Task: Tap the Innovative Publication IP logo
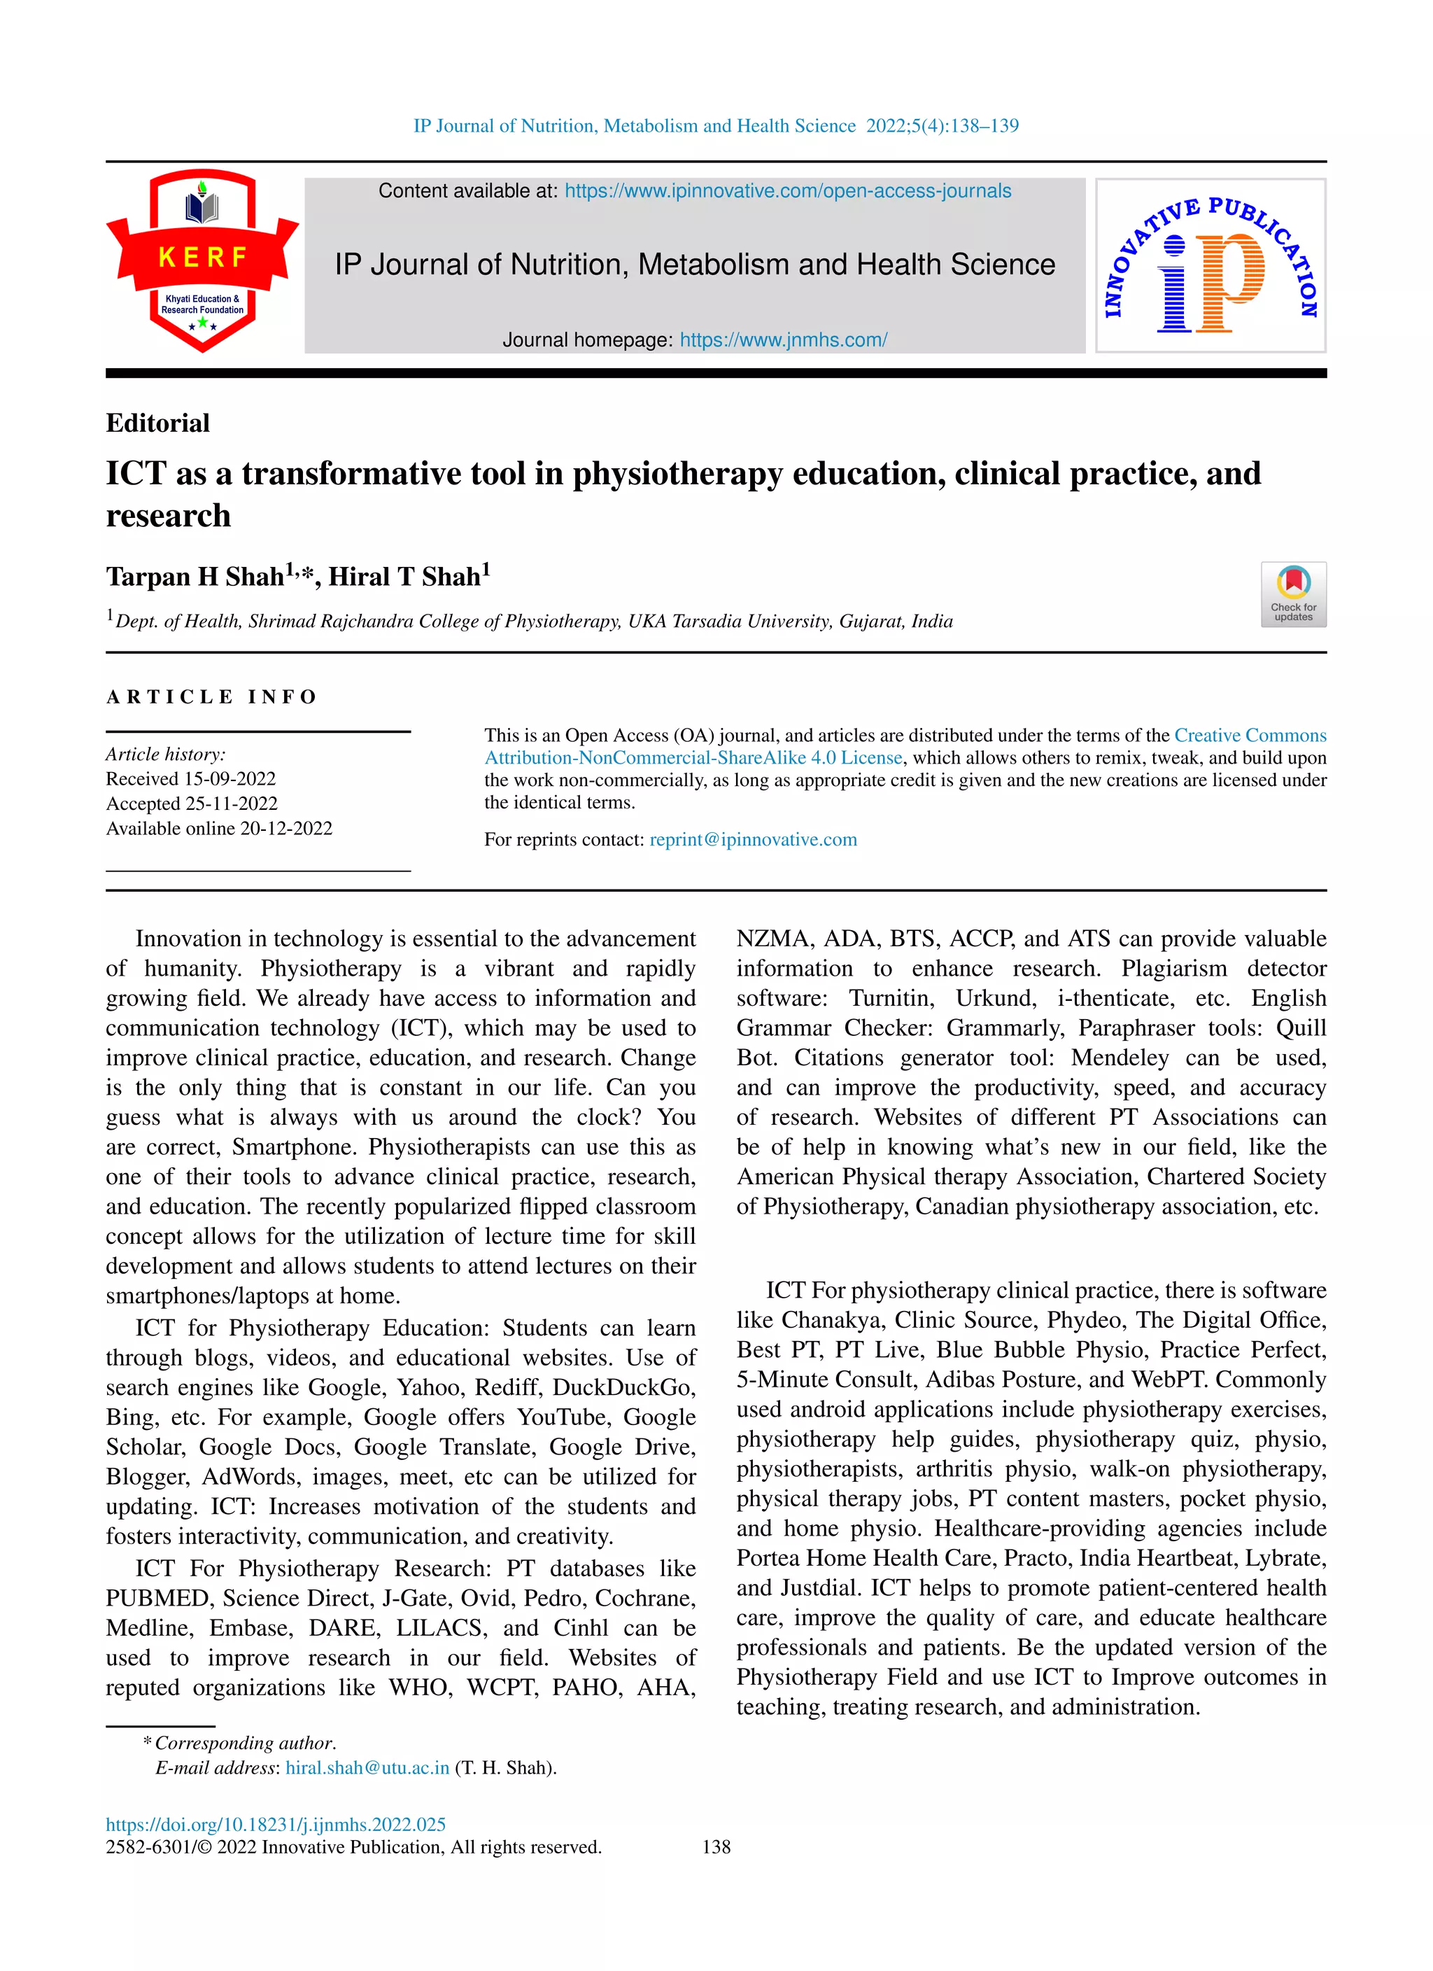1210,266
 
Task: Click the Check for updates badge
1293,594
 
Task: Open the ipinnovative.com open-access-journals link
787,191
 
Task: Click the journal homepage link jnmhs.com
783,339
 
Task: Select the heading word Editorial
158,423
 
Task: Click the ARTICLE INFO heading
212,697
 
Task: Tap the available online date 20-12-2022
286,828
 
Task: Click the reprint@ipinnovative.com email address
753,839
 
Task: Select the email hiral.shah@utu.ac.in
367,1767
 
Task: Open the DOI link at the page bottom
276,1824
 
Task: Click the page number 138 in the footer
716,1846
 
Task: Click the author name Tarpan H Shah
195,577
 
